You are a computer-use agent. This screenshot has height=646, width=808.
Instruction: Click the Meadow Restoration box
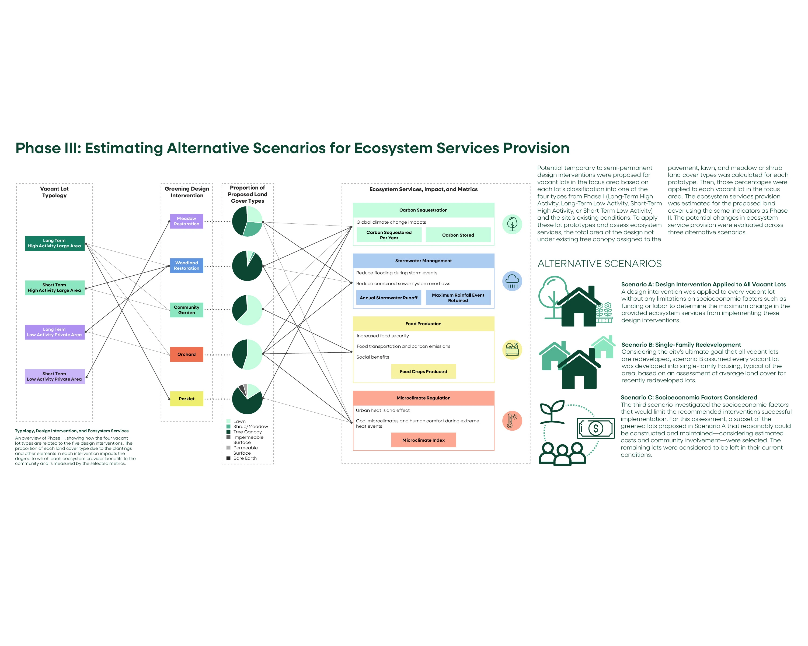point(187,221)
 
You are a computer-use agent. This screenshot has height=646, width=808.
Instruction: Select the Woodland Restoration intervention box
point(187,265)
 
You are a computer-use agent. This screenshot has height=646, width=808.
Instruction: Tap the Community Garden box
point(187,310)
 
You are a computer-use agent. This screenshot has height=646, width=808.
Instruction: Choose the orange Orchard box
point(187,354)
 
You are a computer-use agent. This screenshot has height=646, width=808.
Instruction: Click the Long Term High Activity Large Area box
point(55,243)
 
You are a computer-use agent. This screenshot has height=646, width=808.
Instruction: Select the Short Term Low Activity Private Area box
point(55,376)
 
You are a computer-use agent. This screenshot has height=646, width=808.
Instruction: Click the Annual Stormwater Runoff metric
point(389,298)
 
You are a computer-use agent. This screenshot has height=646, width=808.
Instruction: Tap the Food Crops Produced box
point(423,371)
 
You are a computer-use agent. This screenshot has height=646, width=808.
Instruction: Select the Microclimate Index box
point(423,440)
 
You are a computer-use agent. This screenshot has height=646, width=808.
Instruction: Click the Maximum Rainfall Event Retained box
point(458,298)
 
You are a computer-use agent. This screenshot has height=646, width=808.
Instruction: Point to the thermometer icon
point(512,420)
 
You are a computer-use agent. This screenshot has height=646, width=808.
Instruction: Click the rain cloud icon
point(512,281)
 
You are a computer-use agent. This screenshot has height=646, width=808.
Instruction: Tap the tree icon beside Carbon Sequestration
point(512,224)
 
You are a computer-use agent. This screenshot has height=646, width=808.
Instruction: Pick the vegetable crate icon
point(512,349)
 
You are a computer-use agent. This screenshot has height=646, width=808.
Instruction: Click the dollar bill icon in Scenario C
point(595,429)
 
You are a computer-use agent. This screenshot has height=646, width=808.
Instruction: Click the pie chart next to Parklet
point(247,399)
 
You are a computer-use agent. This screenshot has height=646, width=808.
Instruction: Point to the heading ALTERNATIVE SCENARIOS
point(600,264)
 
